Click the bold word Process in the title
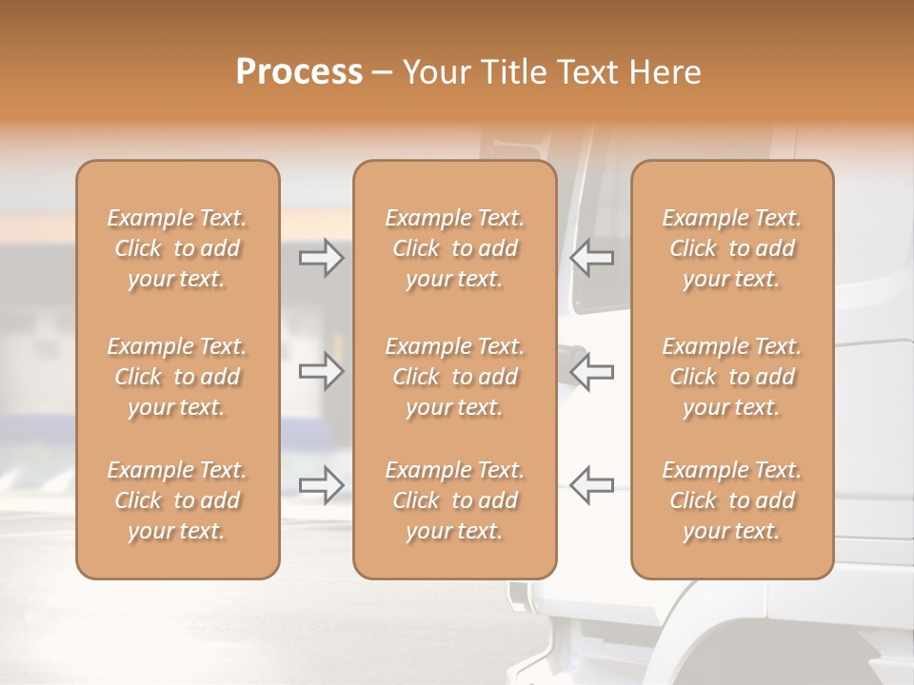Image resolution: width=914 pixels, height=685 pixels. [x=299, y=72]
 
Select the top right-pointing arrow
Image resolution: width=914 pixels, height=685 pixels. [x=322, y=258]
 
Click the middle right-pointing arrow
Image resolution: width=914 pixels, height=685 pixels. [x=322, y=371]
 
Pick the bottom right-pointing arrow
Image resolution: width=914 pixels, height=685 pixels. [x=322, y=484]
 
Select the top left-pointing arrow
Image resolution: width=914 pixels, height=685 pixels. [x=591, y=258]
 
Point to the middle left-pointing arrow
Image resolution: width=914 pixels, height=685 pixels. [x=591, y=371]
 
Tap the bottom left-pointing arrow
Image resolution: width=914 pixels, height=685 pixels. [x=591, y=484]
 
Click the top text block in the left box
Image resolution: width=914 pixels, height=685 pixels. [x=177, y=248]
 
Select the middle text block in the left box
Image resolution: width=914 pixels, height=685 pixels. [x=177, y=377]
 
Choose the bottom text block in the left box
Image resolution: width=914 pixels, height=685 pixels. [x=177, y=500]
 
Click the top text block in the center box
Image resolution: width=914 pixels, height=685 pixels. [x=454, y=248]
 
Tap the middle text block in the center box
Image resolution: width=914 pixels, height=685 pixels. [x=454, y=377]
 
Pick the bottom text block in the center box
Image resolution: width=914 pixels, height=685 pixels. [x=454, y=500]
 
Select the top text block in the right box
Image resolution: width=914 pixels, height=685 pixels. [x=732, y=248]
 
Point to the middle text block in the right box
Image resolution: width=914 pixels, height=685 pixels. [x=732, y=377]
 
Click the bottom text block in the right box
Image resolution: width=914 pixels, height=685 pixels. [x=732, y=500]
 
